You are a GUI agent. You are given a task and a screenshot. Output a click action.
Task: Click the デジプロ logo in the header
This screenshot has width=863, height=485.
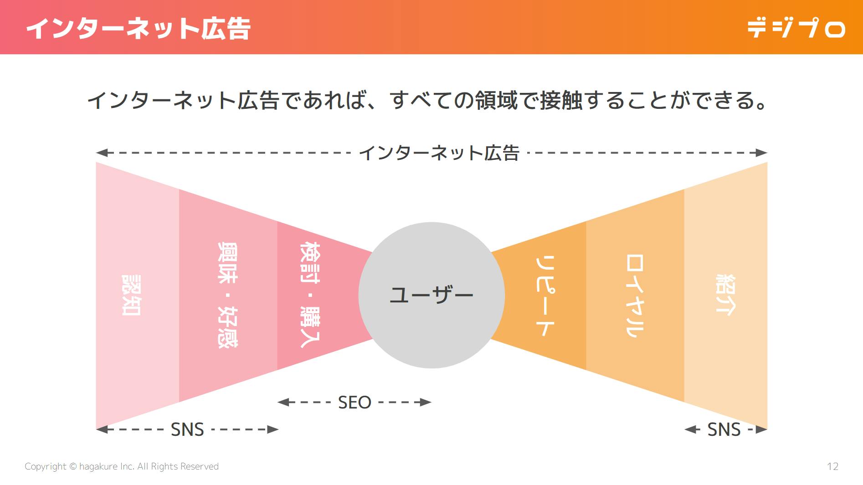pyautogui.click(x=796, y=28)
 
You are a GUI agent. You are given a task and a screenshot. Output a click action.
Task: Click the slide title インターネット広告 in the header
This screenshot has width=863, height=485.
pyautogui.click(x=138, y=28)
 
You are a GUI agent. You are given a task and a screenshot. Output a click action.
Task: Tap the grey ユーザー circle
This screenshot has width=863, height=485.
pyautogui.click(x=431, y=295)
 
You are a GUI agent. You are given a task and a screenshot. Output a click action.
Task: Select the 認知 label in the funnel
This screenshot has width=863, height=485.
pyautogui.click(x=131, y=295)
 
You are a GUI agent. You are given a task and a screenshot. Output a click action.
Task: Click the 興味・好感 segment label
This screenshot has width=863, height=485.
pyautogui.click(x=227, y=295)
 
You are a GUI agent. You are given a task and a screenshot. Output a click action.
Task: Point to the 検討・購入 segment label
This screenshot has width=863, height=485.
pyautogui.click(x=310, y=295)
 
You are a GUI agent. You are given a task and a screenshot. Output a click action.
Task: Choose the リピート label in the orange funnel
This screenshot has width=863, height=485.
pyautogui.click(x=545, y=295)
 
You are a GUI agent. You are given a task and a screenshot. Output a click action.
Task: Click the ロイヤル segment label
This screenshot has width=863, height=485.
pyautogui.click(x=635, y=295)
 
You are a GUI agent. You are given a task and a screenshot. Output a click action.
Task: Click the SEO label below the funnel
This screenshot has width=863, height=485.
pyautogui.click(x=354, y=403)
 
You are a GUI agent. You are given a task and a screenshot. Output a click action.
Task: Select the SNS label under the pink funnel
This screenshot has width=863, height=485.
pyautogui.click(x=187, y=429)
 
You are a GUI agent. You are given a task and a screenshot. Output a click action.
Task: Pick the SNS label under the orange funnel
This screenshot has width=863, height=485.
pyautogui.click(x=724, y=429)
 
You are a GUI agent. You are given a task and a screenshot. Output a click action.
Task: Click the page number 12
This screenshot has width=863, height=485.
pyautogui.click(x=832, y=466)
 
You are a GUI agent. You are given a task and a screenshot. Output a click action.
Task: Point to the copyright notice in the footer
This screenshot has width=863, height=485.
pyautogui.click(x=122, y=466)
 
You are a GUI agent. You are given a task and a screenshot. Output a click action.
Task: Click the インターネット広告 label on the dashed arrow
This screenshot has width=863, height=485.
pyautogui.click(x=439, y=153)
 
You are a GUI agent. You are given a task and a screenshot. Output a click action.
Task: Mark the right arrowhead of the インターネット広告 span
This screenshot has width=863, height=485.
pyautogui.click(x=762, y=153)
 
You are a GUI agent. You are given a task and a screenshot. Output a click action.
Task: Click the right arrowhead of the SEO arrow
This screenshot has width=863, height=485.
pyautogui.click(x=426, y=403)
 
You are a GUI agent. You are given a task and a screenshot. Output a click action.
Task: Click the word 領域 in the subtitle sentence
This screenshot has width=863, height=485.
pyautogui.click(x=497, y=101)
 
